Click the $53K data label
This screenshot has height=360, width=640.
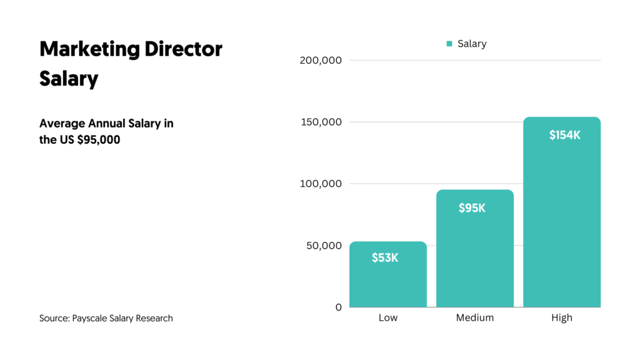385,257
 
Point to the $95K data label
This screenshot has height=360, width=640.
472,208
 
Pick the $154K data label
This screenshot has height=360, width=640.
565,135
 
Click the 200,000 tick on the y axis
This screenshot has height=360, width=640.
321,61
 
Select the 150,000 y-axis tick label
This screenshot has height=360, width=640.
321,122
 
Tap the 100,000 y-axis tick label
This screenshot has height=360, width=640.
321,184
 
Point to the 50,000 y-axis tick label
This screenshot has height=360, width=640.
324,246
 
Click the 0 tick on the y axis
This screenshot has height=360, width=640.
338,307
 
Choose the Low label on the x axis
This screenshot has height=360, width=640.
387,317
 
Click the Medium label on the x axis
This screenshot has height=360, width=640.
474,317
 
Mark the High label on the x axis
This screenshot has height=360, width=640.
561,317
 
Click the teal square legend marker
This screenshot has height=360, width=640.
449,44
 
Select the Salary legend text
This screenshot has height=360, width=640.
472,44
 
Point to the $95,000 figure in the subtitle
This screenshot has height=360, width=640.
99,140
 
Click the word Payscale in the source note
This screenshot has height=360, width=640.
93,318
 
